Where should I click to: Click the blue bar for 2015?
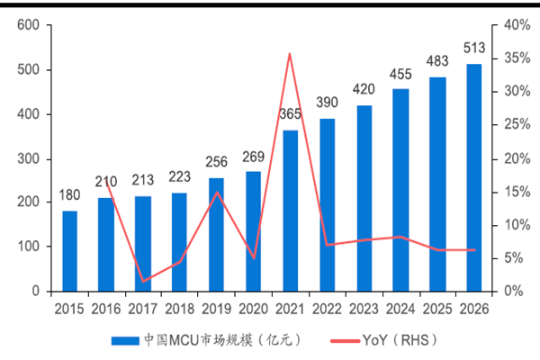69,251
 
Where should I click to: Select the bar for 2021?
290,211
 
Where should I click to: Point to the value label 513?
473,48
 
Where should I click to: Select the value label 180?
69,195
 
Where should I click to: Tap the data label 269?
253,157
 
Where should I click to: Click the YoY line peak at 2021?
290,54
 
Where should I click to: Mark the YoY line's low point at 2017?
143,282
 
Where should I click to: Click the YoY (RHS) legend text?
395,340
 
